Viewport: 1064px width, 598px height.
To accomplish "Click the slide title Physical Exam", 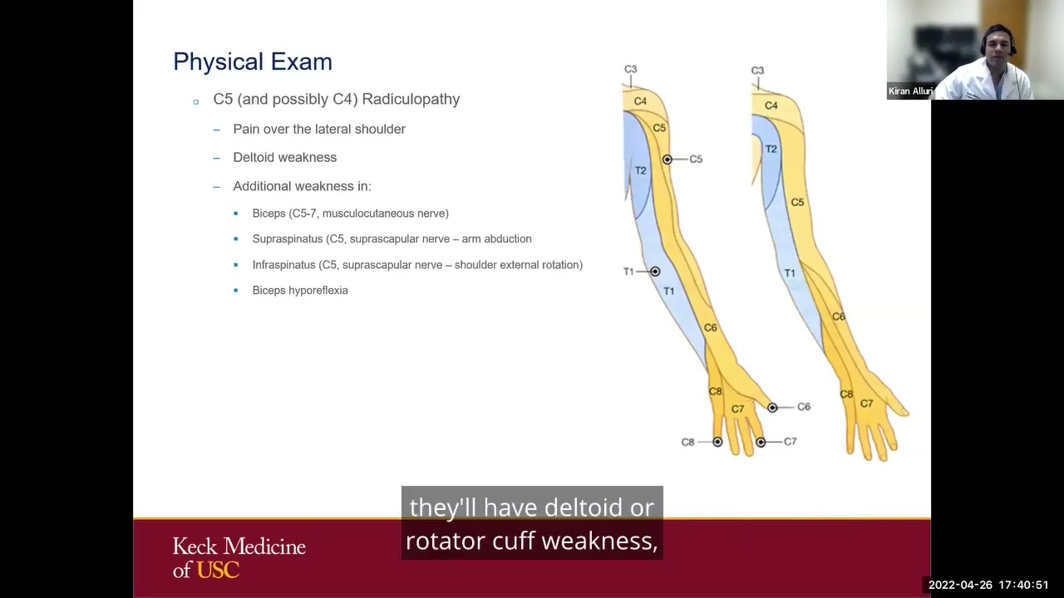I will [253, 62].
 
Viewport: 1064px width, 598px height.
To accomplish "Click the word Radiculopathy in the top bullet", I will [411, 99].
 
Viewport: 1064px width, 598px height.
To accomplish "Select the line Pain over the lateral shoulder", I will [319, 130].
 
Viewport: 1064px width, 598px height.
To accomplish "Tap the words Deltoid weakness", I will [284, 158].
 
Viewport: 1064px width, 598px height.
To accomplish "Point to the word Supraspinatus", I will [287, 239].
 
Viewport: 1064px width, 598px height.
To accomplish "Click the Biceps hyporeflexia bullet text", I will [300, 291].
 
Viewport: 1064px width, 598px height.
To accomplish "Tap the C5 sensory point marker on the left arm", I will [667, 159].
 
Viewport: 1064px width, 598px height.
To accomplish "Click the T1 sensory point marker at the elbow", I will [655, 272].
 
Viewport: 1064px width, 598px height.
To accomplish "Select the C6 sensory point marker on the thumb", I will [772, 408].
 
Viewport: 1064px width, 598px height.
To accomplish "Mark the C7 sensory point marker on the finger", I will [761, 442].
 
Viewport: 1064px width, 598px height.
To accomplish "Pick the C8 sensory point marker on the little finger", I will [717, 442].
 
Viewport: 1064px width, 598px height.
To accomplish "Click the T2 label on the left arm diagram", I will [640, 170].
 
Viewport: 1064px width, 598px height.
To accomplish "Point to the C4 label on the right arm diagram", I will [771, 105].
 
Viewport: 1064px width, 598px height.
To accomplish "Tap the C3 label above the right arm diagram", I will [757, 71].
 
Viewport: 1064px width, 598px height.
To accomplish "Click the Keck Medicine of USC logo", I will [239, 557].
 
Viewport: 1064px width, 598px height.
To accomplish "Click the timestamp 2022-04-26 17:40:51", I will [988, 585].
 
